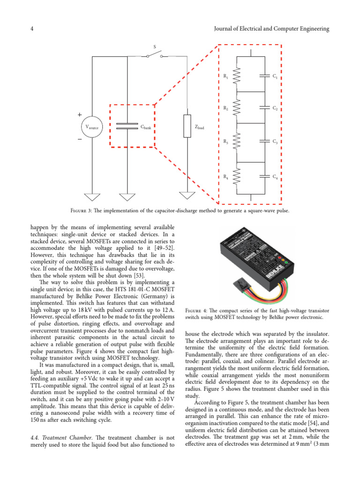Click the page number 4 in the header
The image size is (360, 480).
tap(31, 29)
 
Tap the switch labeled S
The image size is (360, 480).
tap(155, 56)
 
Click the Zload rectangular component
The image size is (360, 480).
tap(187, 126)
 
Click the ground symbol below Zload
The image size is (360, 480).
tap(187, 196)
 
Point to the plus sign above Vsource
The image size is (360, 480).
tap(79, 114)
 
